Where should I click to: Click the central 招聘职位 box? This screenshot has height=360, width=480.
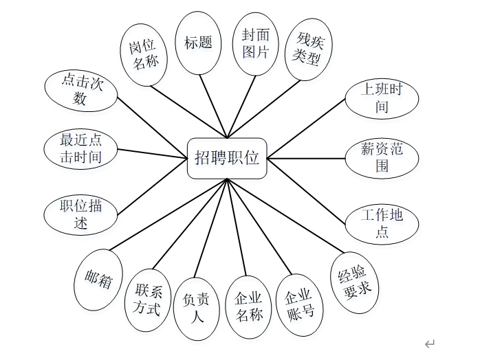coord(227,158)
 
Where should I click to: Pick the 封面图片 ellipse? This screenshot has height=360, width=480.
coord(255,43)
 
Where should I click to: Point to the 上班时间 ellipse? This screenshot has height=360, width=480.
coord(382,98)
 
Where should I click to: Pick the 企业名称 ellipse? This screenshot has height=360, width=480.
coord(248,306)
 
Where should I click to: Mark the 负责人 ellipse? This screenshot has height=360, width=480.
coord(198,308)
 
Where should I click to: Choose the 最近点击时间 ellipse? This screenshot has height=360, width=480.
coord(80,148)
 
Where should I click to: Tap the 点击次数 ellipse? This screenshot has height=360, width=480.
coord(80,90)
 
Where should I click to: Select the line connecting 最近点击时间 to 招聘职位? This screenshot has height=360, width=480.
coord(153,153)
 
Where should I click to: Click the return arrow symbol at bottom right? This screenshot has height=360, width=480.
coord(430,344)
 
